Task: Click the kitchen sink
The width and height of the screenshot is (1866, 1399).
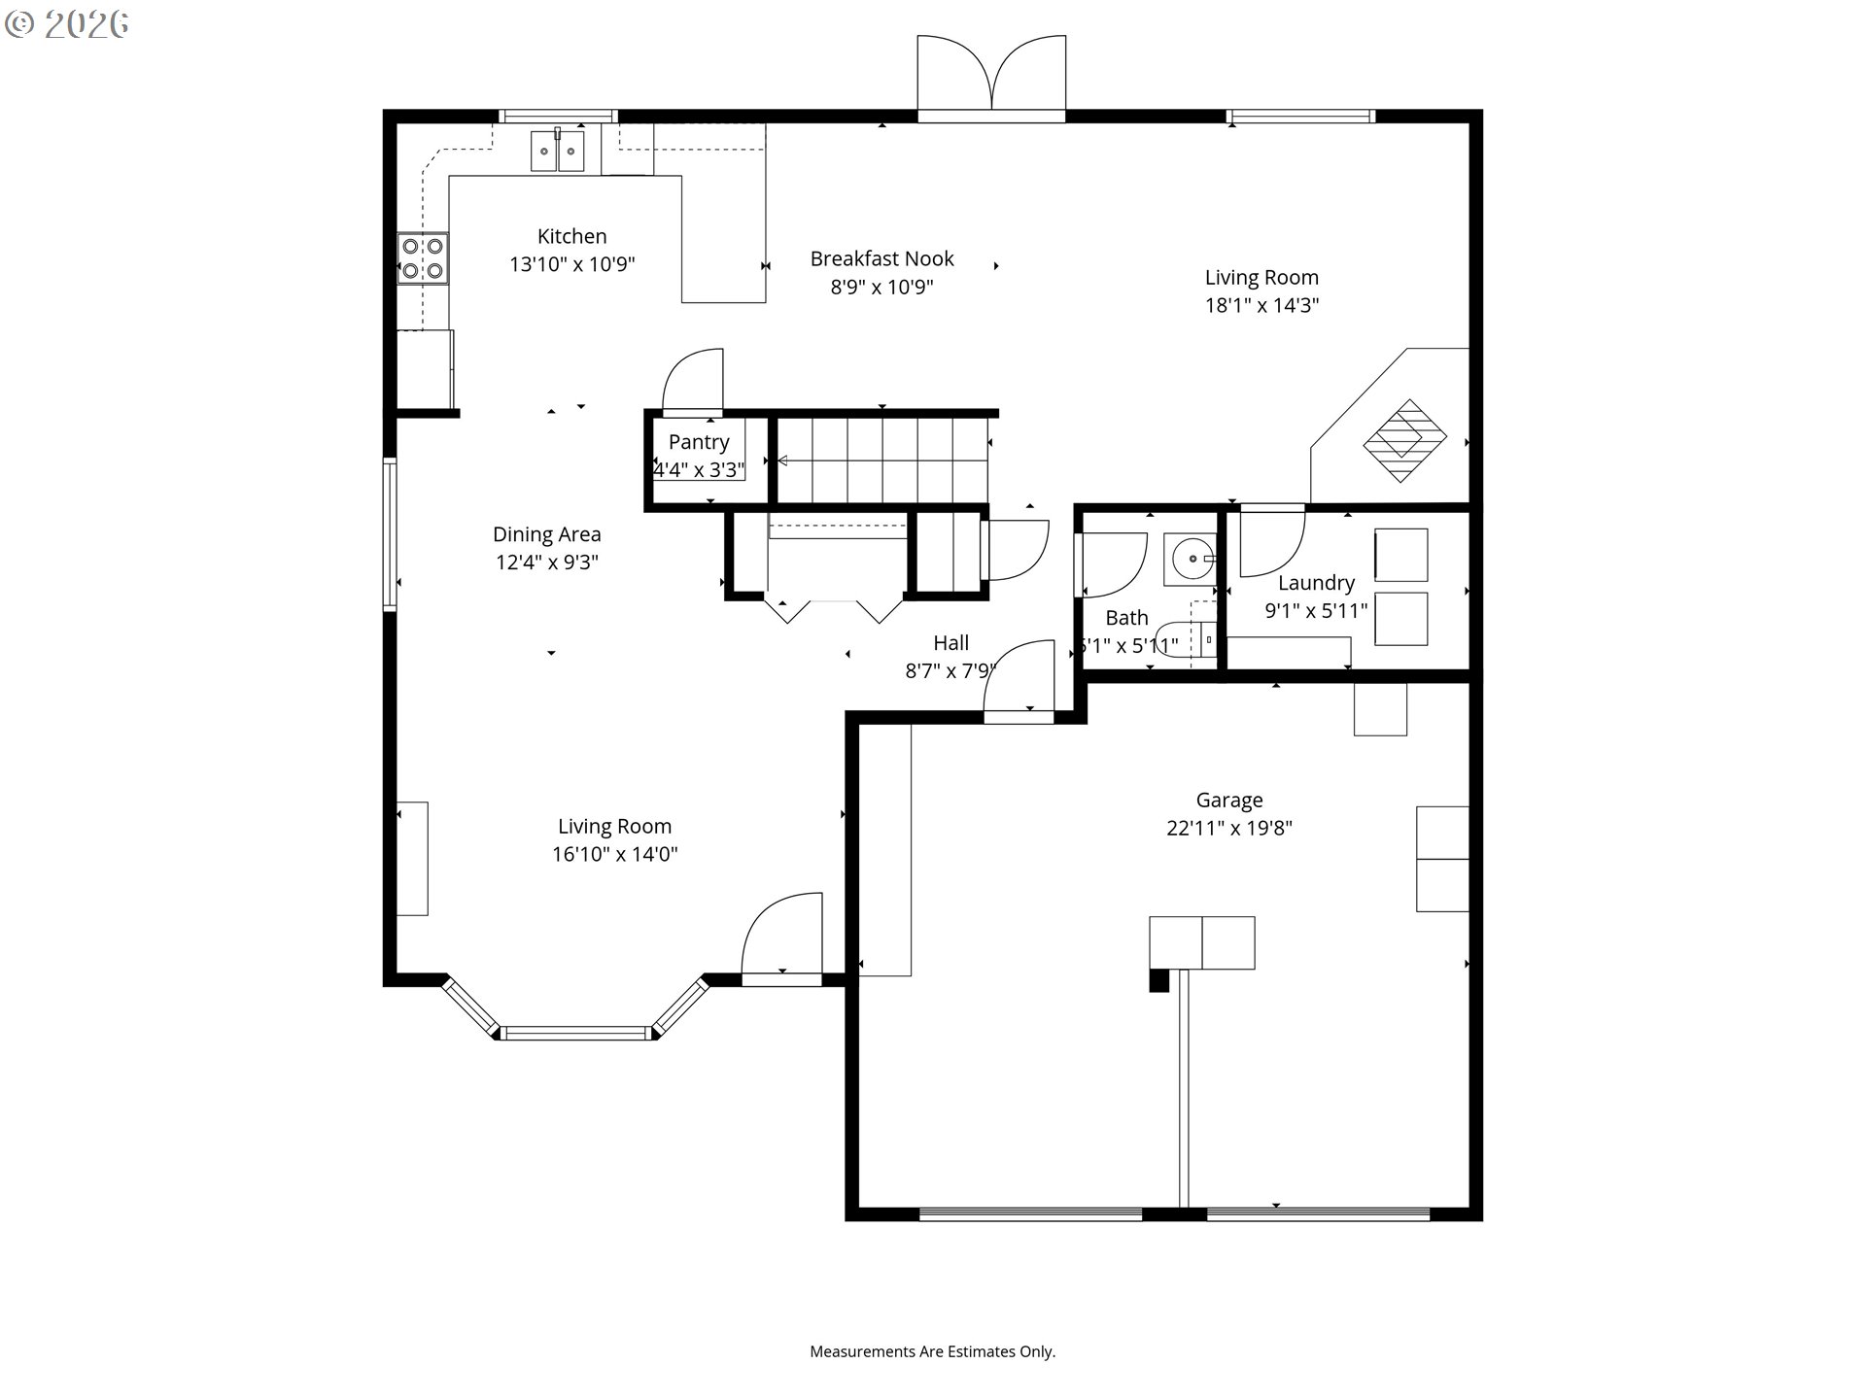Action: tap(557, 152)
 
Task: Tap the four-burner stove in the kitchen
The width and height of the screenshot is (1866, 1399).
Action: tap(423, 258)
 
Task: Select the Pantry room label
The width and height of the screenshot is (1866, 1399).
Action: tap(699, 442)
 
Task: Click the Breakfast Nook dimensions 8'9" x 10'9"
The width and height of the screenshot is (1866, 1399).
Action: tap(881, 287)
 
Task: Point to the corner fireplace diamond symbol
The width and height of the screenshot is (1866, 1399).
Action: tap(1405, 441)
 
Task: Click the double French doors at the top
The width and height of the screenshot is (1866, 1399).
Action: tap(991, 78)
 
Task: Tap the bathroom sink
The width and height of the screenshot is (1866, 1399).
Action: tap(1191, 560)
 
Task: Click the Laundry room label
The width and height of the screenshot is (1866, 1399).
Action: tap(1316, 583)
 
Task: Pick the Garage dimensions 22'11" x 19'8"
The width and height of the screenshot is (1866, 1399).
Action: tap(1229, 828)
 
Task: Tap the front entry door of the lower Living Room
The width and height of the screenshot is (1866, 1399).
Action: tap(783, 938)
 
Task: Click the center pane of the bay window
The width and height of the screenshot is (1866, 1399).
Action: tap(576, 1033)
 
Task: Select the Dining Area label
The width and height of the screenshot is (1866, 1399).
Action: tap(546, 534)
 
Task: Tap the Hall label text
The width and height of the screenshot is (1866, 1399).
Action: tap(950, 643)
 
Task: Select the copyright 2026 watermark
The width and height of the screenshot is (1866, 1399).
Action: tap(67, 24)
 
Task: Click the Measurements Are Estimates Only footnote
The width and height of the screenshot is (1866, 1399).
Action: tap(932, 1351)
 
